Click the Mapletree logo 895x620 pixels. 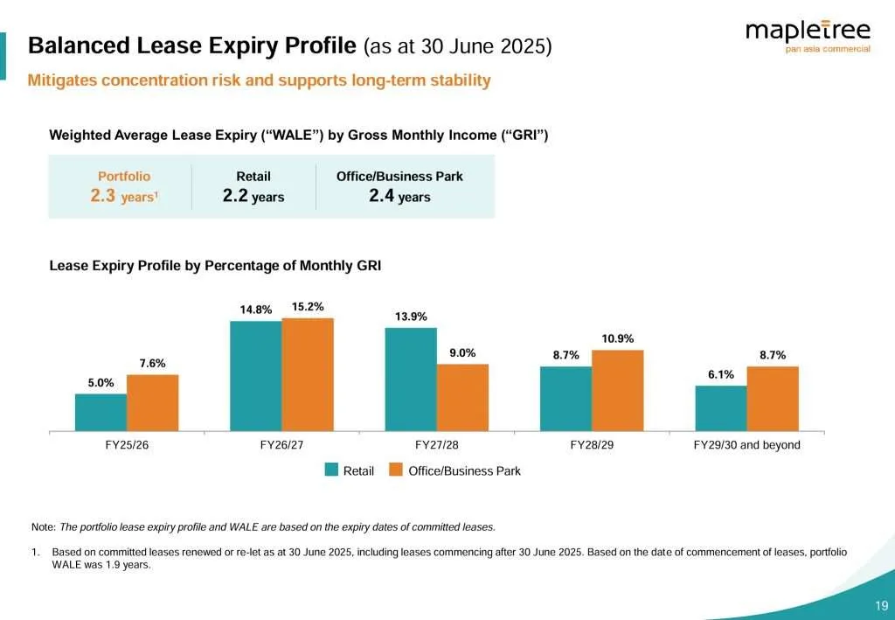807,36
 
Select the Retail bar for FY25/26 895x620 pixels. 101,412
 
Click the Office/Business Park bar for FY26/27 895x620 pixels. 308,374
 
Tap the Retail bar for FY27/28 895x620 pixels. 411,379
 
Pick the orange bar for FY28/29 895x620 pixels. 617,390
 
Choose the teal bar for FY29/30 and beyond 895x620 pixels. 720,408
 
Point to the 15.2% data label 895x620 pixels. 308,307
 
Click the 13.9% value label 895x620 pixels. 411,317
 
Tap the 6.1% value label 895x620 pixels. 720,374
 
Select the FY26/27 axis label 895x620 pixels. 281,445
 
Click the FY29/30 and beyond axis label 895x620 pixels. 746,445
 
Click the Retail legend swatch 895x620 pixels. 331,470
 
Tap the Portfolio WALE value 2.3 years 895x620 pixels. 123,197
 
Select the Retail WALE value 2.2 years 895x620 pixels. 253,197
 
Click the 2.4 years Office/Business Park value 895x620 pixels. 399,197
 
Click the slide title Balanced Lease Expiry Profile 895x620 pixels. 192,45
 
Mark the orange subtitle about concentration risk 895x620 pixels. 259,80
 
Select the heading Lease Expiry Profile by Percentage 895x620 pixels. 215,266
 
